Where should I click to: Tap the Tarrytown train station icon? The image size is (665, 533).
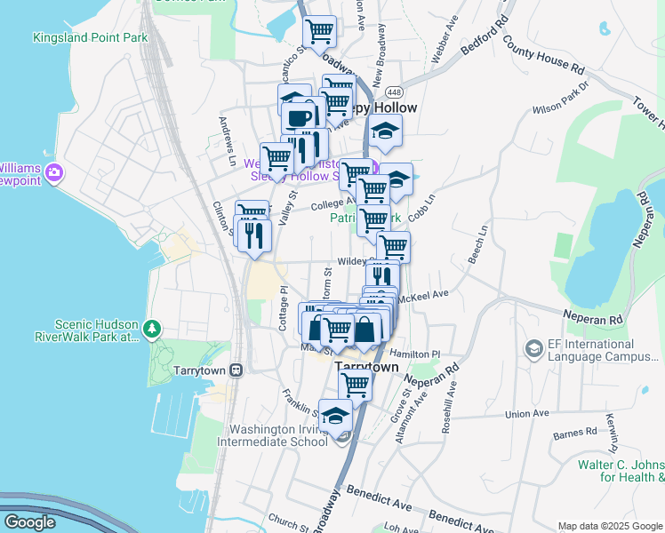(236, 370)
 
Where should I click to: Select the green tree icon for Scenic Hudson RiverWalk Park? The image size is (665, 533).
(153, 330)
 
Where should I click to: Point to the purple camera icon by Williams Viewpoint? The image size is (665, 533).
(54, 171)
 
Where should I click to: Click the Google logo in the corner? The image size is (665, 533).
(29, 522)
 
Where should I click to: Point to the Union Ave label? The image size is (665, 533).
(526, 413)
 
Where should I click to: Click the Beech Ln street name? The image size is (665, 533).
(481, 242)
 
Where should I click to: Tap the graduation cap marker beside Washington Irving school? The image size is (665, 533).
(335, 416)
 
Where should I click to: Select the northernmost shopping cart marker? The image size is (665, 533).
(319, 32)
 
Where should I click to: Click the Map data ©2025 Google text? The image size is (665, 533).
(610, 526)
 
